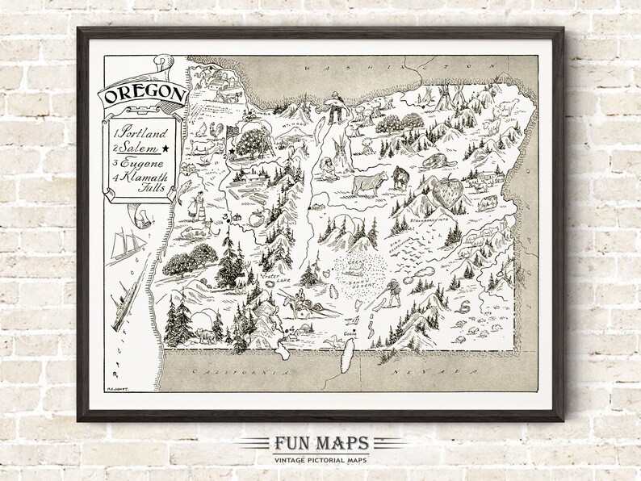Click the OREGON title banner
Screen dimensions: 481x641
(143, 95)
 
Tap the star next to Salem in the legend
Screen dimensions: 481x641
(166, 148)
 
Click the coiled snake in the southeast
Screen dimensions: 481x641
(464, 306)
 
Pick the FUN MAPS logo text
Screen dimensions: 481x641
(320, 442)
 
